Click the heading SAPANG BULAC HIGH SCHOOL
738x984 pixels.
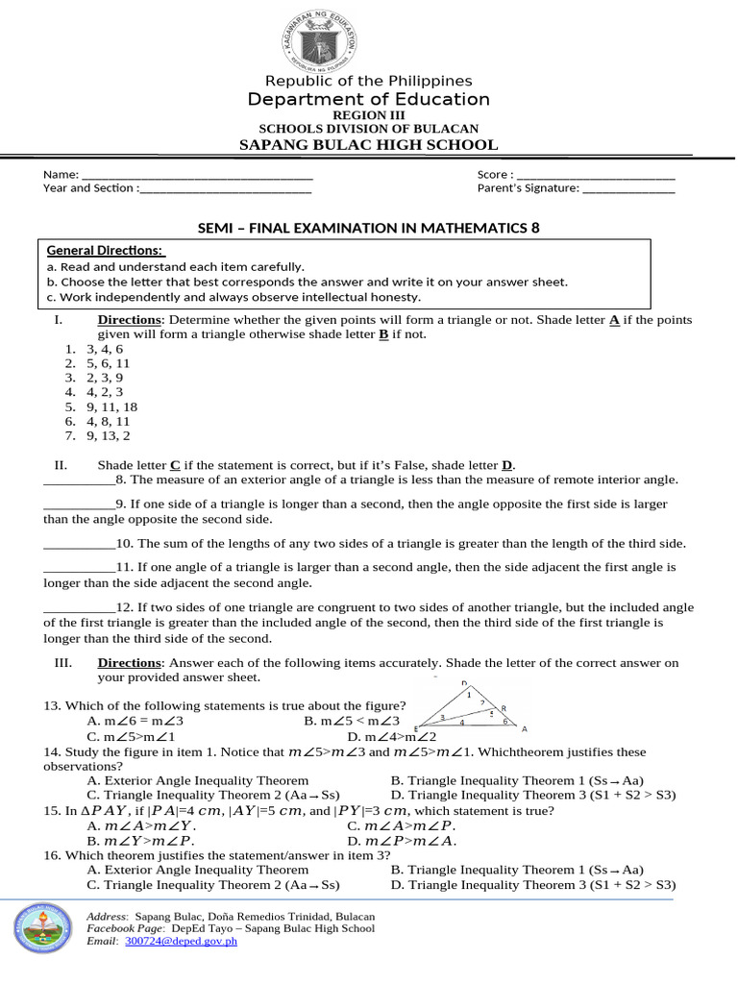(368, 145)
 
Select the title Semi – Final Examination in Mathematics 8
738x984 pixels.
(369, 228)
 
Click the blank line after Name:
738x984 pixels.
(197, 175)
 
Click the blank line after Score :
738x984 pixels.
(596, 175)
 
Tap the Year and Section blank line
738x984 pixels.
(225, 188)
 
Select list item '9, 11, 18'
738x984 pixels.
(111, 406)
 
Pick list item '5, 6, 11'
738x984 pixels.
(108, 364)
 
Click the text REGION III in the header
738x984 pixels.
(368, 115)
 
